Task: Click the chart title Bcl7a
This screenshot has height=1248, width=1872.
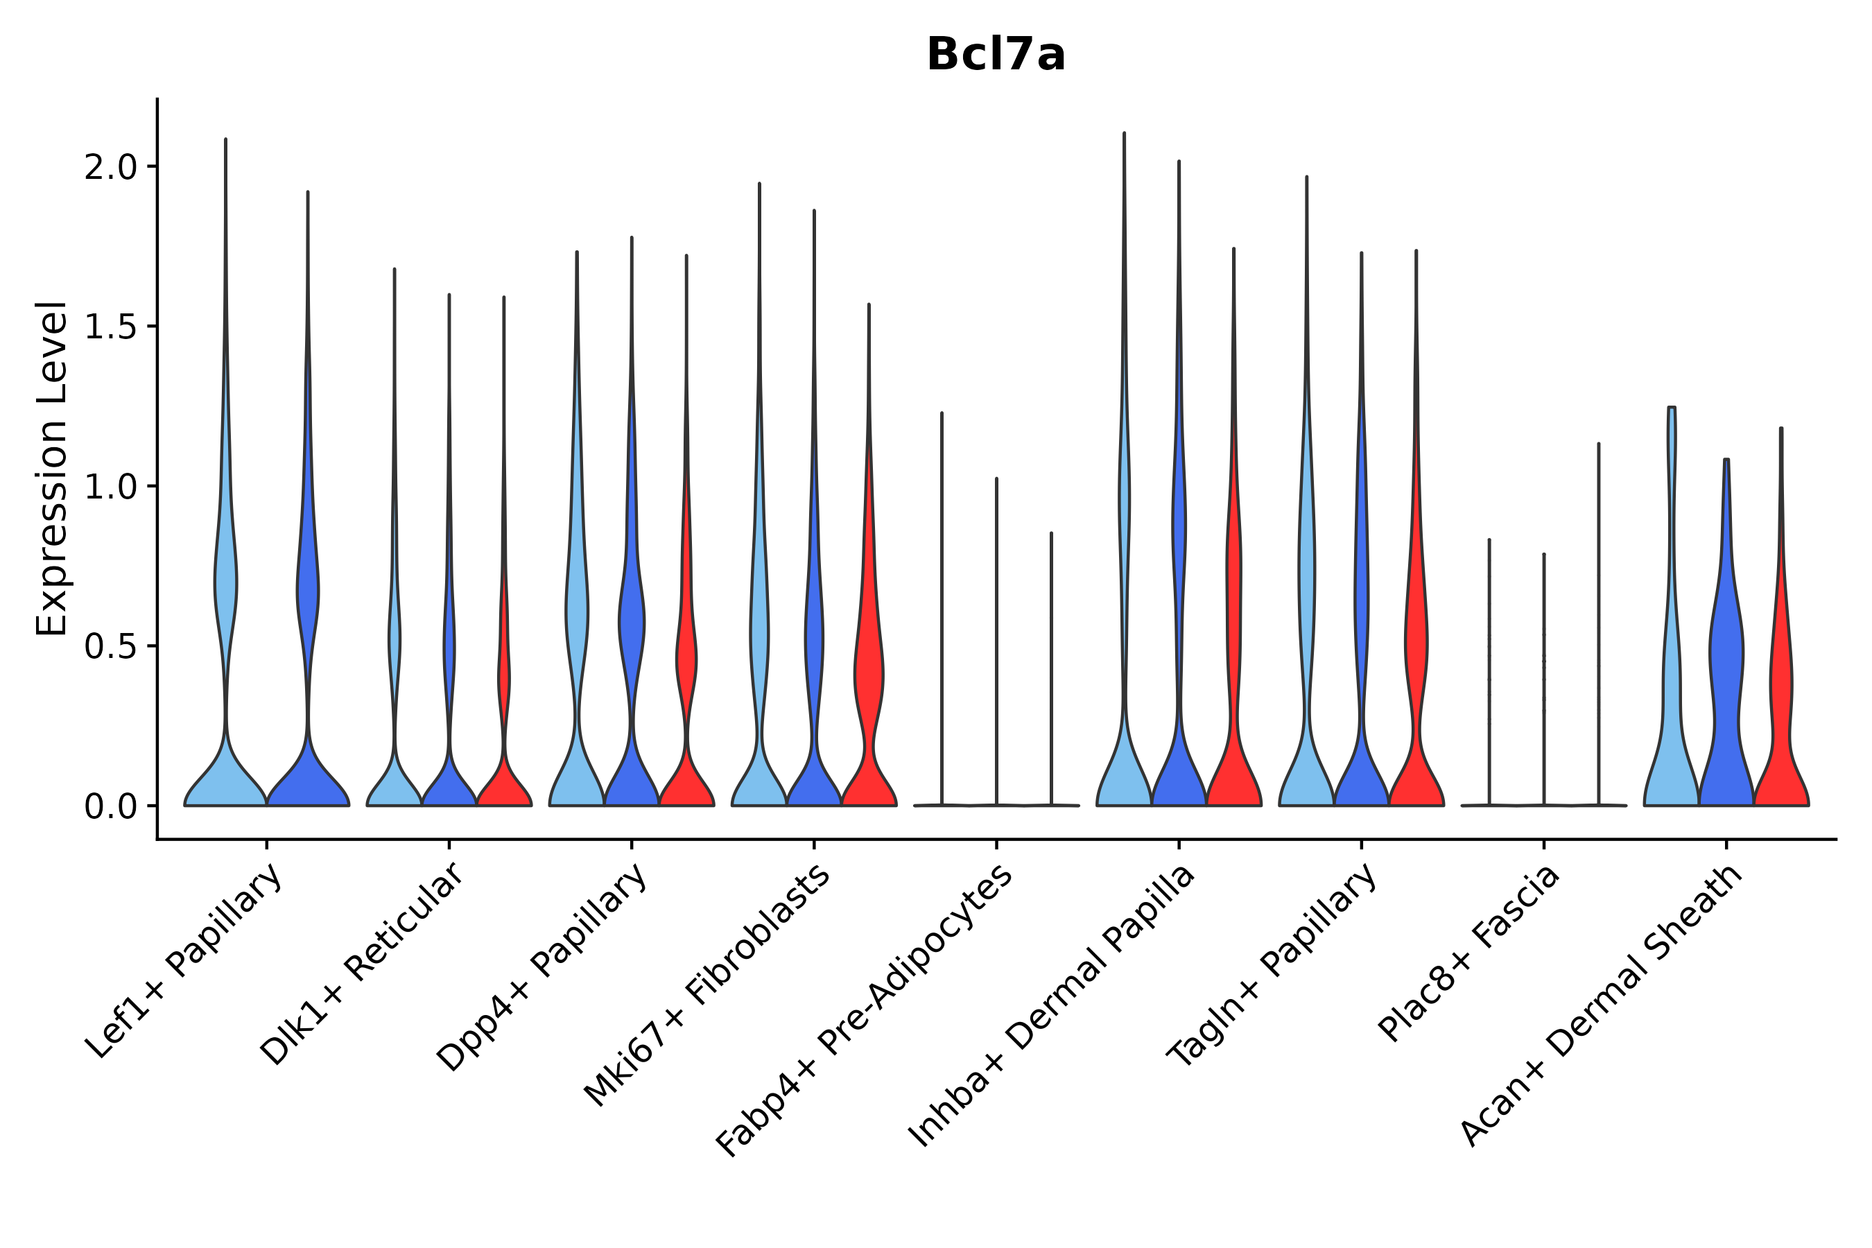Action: pyautogui.click(x=995, y=55)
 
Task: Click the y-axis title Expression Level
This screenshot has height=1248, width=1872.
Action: pyautogui.click(x=52, y=469)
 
